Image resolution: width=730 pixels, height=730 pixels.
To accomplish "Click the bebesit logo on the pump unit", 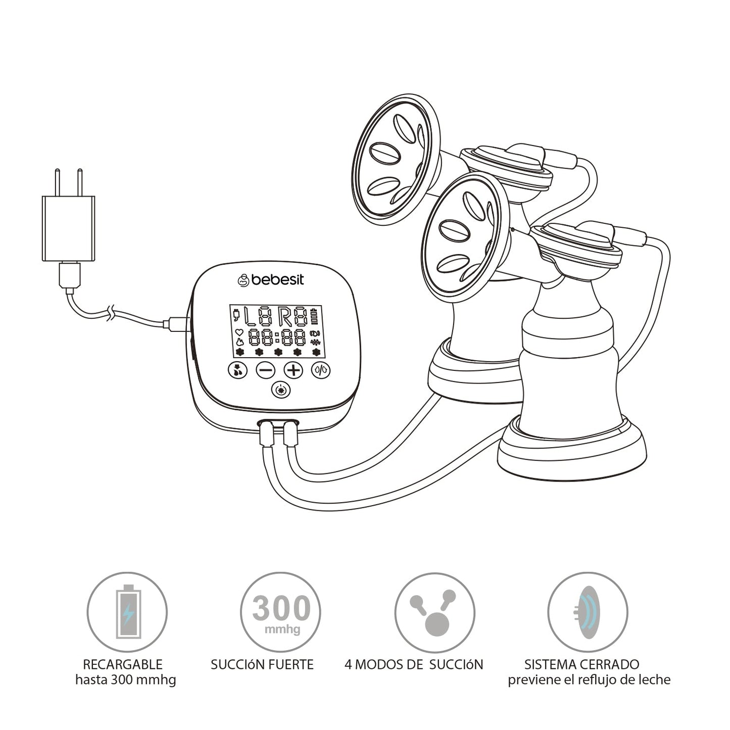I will point(271,279).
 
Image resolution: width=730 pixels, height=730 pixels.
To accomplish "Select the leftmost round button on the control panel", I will point(237,370).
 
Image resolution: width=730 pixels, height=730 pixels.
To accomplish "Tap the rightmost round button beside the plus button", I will point(321,370).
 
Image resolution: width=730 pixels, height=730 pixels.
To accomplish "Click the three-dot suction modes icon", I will point(434,612).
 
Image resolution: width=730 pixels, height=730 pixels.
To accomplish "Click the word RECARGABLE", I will point(123,664).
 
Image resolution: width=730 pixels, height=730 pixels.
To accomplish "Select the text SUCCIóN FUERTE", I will point(262,664).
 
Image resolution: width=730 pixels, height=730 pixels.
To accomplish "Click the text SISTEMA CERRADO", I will point(581,664).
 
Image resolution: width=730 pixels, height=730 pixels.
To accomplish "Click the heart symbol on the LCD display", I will point(239,332).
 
